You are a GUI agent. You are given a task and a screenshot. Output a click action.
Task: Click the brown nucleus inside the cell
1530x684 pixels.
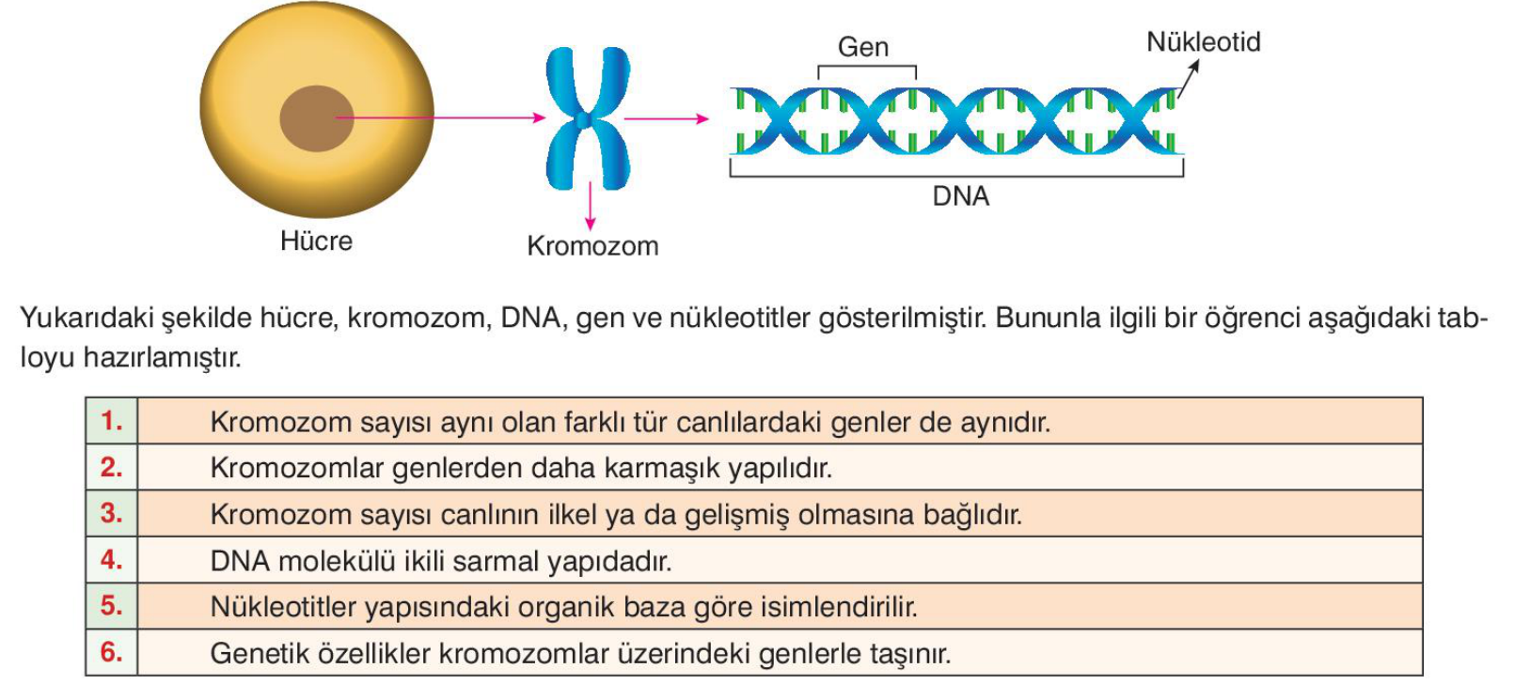click(316, 118)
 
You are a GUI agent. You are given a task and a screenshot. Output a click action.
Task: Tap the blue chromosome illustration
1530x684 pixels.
click(588, 118)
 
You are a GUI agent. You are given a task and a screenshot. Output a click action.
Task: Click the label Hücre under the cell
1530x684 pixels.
click(316, 241)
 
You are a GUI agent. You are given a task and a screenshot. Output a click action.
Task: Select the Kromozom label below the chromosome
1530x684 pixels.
click(592, 246)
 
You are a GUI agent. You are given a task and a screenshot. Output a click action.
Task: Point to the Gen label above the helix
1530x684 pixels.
click(862, 47)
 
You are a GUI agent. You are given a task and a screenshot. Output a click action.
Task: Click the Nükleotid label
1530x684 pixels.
click(1203, 42)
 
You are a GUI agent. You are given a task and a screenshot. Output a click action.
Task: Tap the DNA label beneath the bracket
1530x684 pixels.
click(960, 196)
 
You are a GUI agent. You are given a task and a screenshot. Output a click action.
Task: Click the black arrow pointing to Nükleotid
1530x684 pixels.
click(1189, 79)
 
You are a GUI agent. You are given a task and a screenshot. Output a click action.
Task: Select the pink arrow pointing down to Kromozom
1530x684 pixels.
click(590, 206)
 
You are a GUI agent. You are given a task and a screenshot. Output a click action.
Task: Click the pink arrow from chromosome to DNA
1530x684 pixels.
click(666, 119)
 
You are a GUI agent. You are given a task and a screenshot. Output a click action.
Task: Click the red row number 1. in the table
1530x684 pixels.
click(112, 421)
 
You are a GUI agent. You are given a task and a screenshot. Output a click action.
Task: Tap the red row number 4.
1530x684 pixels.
click(112, 560)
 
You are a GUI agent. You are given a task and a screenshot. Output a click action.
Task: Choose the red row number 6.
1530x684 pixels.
click(112, 652)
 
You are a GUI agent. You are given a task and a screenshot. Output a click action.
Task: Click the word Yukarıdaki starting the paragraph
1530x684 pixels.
click(87, 319)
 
